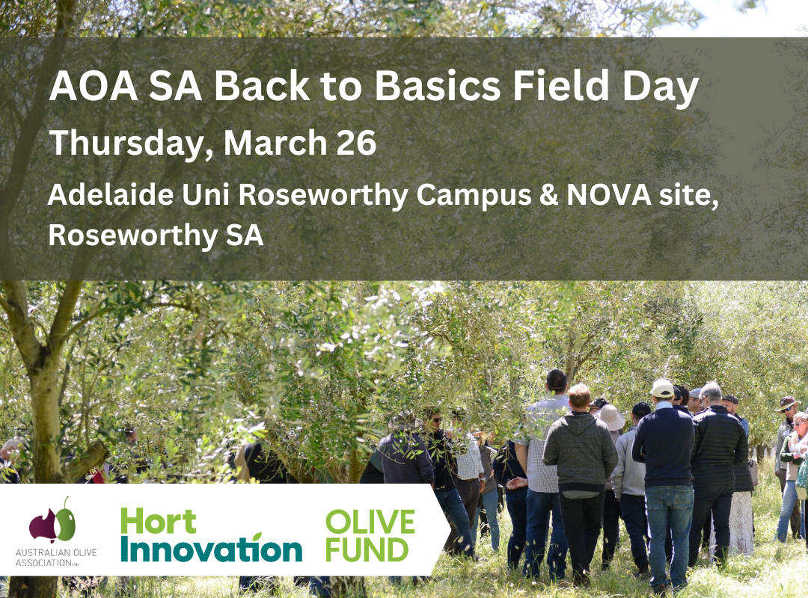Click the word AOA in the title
click(94, 85)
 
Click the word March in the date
click(275, 143)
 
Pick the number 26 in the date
click(357, 143)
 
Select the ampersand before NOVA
click(549, 195)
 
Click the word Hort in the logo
click(158, 521)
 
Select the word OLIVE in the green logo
click(370, 522)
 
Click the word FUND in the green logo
click(367, 549)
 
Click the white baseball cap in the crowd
click(662, 389)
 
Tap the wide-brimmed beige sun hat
click(611, 417)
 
